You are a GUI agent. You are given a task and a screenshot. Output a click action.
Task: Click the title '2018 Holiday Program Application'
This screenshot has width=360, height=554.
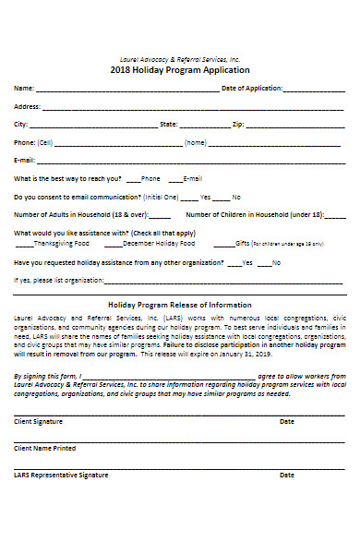pyautogui.click(x=180, y=70)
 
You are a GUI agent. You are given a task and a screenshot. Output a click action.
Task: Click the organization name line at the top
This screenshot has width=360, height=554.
pyautogui.click(x=180, y=58)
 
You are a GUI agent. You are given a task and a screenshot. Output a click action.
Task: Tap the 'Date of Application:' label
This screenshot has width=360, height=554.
pyautogui.click(x=252, y=89)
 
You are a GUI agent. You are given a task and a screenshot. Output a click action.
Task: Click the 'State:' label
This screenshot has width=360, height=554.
pyautogui.click(x=169, y=123)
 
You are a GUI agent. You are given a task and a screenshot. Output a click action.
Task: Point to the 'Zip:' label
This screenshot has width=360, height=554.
pyautogui.click(x=237, y=123)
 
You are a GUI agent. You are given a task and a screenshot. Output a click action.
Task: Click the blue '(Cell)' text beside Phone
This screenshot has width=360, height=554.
pyautogui.click(x=45, y=142)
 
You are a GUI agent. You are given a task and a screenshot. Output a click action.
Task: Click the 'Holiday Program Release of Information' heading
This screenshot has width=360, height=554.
pyautogui.click(x=180, y=305)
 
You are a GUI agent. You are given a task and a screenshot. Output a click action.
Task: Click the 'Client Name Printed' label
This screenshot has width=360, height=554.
pyautogui.click(x=45, y=448)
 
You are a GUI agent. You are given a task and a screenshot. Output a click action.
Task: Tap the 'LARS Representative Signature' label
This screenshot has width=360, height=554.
pyautogui.click(x=61, y=475)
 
